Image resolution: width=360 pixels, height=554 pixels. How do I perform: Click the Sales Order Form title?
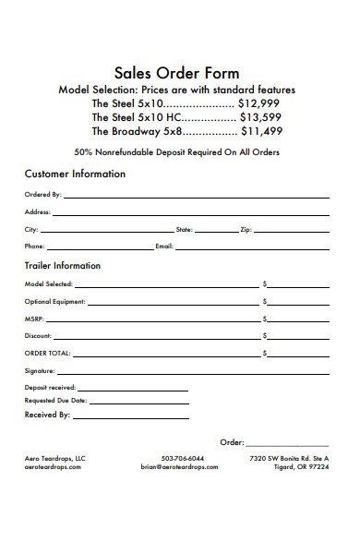176,73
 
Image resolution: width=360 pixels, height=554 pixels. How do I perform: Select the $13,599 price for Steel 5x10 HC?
262,118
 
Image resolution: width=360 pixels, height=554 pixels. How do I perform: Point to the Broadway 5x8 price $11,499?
262,132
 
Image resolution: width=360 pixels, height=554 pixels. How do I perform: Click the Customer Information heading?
75,174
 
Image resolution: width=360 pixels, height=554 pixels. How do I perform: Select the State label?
184,229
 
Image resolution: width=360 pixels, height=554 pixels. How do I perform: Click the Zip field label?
245,229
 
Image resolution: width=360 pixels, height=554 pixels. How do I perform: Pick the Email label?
164,247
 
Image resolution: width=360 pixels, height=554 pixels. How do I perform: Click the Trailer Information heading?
62,266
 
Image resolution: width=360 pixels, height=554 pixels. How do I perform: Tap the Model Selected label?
48,284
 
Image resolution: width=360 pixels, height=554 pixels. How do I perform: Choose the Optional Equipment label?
54,302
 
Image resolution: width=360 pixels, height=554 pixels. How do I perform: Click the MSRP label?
34,319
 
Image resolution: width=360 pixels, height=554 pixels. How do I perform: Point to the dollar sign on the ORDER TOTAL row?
265,354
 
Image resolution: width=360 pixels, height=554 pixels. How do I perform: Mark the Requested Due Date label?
55,401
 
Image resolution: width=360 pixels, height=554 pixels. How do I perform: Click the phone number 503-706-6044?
183,458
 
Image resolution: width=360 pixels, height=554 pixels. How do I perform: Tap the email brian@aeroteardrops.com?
179,467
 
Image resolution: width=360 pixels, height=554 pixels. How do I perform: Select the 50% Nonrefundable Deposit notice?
176,151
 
